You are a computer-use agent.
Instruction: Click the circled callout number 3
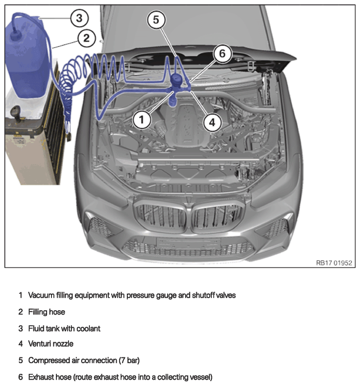point(79,18)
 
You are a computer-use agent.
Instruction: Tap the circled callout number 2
point(86,38)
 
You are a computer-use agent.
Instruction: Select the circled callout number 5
point(156,20)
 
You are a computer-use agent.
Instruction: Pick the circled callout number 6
point(222,54)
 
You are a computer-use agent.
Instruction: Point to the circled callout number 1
point(141,120)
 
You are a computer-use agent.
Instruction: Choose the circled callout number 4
point(212,122)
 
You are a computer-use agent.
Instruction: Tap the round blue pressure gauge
point(177,80)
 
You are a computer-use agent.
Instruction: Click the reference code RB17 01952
point(334,263)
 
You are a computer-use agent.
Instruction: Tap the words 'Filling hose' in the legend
point(47,312)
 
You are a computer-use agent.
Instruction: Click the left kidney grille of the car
point(161,216)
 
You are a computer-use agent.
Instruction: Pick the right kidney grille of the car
point(217,217)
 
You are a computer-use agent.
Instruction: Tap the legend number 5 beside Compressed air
point(21,360)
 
